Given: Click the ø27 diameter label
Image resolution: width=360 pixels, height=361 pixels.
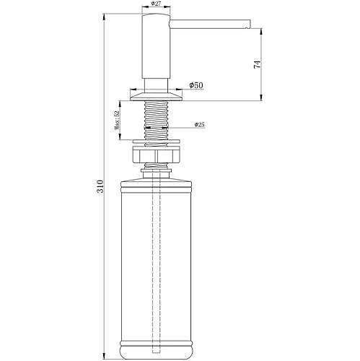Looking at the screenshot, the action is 156,4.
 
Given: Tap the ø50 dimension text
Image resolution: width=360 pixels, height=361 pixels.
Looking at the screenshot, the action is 196,85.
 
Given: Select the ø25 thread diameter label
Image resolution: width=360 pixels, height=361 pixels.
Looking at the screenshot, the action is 200,124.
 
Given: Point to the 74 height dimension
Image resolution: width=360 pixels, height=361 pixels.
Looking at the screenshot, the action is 257,64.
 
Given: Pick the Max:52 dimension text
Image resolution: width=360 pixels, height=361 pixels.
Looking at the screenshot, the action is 117,121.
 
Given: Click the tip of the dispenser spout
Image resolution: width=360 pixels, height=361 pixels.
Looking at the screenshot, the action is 250,25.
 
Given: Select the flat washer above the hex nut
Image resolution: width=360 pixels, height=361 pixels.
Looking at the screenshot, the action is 156,142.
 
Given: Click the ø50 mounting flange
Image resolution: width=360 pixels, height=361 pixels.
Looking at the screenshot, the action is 156,97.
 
